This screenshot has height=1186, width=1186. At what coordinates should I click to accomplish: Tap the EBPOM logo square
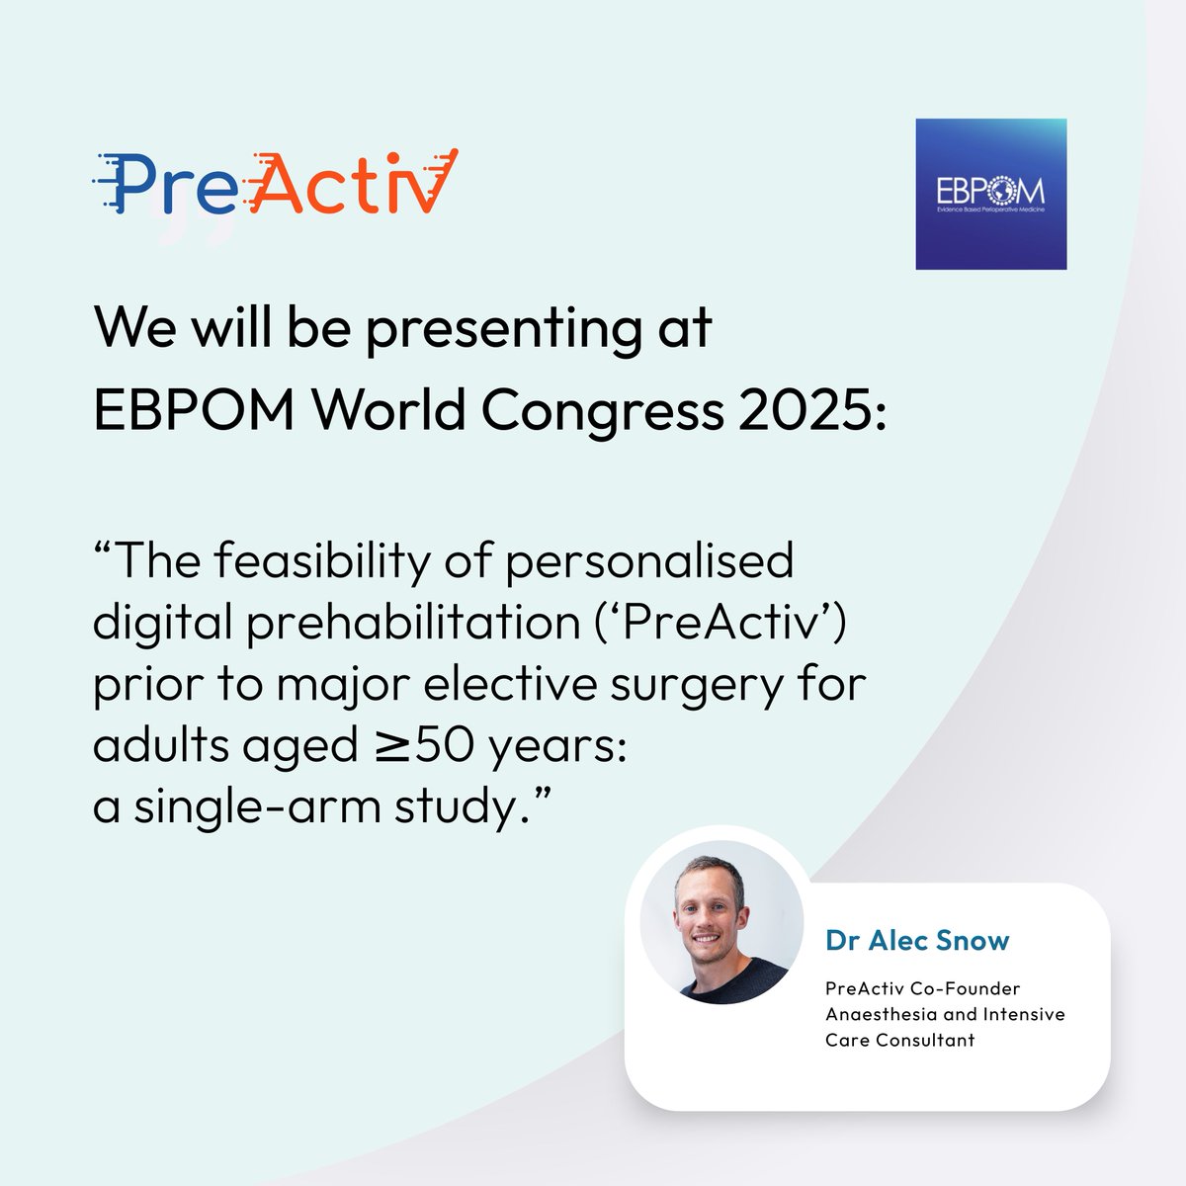990,195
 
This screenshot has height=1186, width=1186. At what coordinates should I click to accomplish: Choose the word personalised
649,561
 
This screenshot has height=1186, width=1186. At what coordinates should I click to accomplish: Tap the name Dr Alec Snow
917,940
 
